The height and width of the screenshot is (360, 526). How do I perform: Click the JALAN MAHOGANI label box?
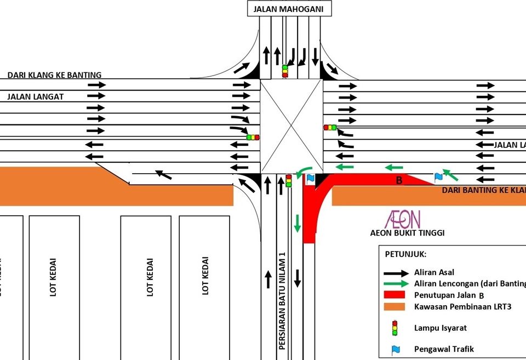pyautogui.click(x=289, y=9)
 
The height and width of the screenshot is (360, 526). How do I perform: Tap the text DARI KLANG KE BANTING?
pyautogui.click(x=54, y=75)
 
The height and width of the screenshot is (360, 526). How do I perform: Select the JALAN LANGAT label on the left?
pyautogui.click(x=36, y=97)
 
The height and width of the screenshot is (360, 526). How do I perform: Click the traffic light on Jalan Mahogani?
pyautogui.click(x=285, y=71)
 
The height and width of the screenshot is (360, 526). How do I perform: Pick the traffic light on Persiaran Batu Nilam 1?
pyautogui.click(x=289, y=181)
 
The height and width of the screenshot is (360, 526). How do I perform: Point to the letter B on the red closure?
pyautogui.click(x=399, y=180)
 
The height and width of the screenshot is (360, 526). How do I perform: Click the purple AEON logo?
pyautogui.click(x=403, y=219)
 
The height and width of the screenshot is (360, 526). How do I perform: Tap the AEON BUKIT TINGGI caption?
pyautogui.click(x=407, y=233)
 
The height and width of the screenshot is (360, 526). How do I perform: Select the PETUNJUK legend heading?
pyautogui.click(x=406, y=255)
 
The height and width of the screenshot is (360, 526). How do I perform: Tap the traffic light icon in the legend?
pyautogui.click(x=393, y=328)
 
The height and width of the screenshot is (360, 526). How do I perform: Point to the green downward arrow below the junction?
pyautogui.click(x=298, y=223)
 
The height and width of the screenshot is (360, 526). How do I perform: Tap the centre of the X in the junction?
pyautogui.click(x=291, y=127)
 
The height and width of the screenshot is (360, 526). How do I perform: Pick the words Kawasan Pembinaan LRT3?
pyautogui.click(x=462, y=307)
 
